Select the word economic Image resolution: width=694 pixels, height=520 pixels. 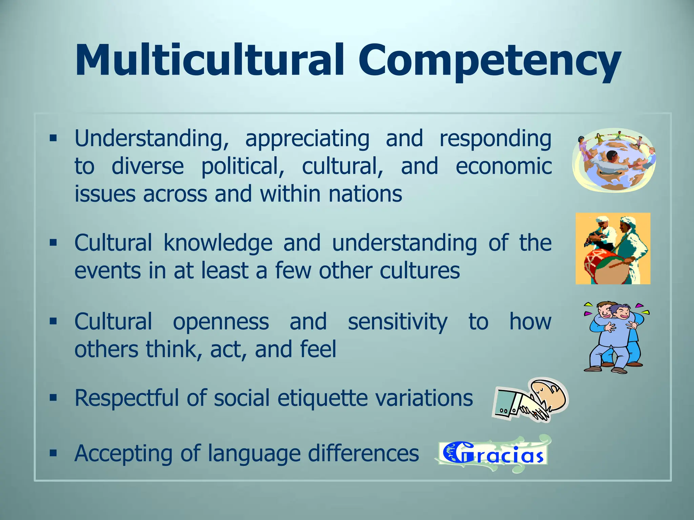(504, 166)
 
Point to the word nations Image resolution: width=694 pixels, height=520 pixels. (365, 194)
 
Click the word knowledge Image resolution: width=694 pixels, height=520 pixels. (218, 243)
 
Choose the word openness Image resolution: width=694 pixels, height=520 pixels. (221, 322)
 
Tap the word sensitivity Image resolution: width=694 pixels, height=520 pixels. (397, 322)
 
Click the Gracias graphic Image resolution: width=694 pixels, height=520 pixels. (493, 454)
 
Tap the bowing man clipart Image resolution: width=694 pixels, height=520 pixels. (530, 399)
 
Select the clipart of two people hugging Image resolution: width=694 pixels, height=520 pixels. (615, 337)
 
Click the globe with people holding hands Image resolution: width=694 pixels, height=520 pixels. (614, 160)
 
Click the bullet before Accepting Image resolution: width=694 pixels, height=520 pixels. (53, 453)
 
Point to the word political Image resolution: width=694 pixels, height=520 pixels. (243, 166)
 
